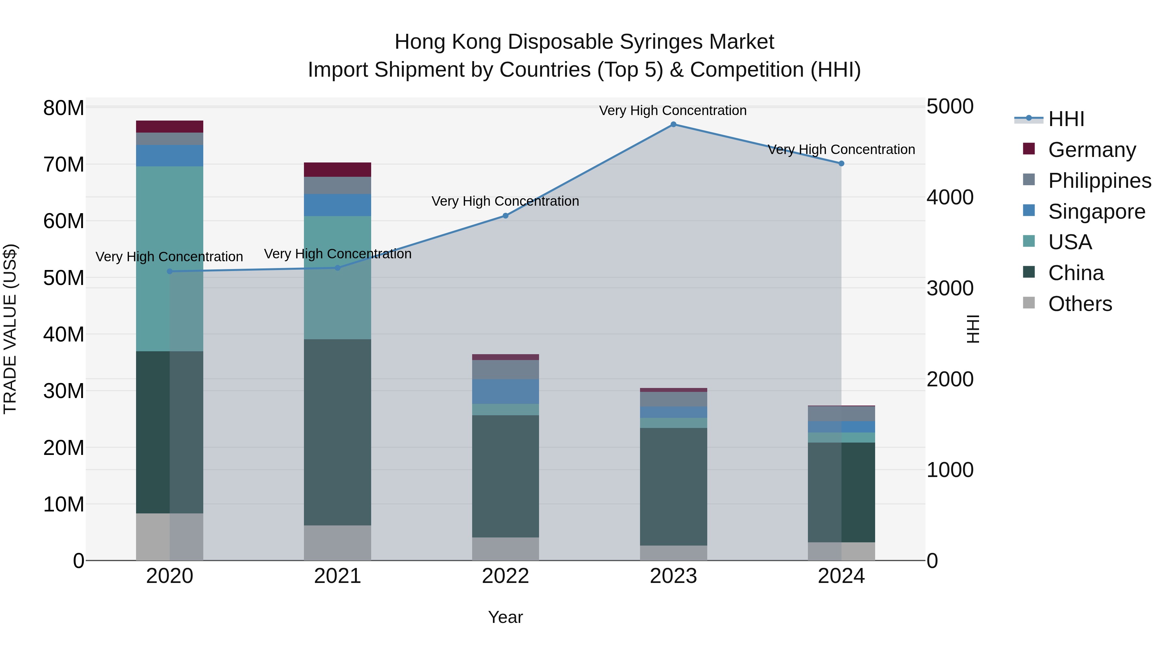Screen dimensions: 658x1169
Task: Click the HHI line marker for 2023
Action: [673, 124]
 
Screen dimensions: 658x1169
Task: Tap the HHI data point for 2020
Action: [170, 272]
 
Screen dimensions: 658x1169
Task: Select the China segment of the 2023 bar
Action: [673, 486]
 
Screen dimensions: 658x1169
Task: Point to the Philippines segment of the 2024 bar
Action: [841, 414]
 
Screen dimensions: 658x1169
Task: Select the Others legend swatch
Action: [1029, 303]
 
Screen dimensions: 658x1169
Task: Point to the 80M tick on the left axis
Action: [64, 108]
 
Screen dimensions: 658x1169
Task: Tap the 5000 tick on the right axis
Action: [950, 107]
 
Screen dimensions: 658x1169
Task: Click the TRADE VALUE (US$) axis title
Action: [10, 329]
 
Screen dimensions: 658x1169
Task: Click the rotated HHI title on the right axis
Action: [973, 329]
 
